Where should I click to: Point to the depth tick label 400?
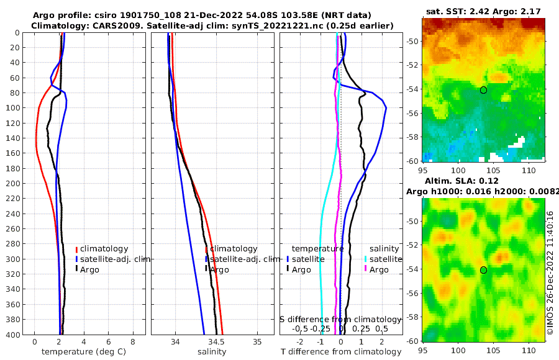click(x=12, y=335)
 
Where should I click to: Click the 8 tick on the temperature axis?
click(x=133, y=341)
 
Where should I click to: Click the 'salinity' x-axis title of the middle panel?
click(x=211, y=352)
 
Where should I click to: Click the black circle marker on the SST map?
click(x=483, y=90)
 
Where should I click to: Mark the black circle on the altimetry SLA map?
click(x=483, y=270)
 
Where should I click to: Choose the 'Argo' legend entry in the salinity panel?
click(x=219, y=270)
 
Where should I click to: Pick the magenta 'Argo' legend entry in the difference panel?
click(x=378, y=270)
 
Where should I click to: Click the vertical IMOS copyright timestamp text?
click(x=550, y=273)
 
